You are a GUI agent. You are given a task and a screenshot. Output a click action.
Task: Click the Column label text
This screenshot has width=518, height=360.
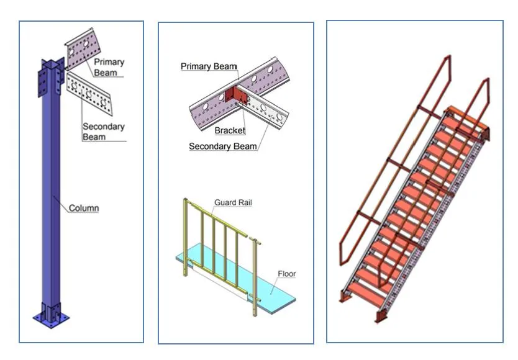point(83,208)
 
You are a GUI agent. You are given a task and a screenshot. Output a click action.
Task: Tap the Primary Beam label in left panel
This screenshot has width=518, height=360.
point(109,67)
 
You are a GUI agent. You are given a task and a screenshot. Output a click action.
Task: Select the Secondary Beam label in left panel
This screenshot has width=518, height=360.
point(103,132)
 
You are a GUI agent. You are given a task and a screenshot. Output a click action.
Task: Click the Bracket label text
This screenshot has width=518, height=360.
point(230,130)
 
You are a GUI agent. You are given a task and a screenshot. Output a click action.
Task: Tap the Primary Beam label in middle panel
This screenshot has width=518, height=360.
point(209,66)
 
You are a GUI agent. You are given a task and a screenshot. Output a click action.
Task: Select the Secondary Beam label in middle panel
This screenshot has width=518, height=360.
point(222,146)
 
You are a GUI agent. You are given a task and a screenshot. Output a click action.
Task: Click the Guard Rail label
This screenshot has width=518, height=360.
point(233,203)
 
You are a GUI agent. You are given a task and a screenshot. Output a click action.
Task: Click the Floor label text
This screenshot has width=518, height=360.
point(286,274)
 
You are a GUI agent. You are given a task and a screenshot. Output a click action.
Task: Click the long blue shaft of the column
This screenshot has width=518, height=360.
point(49,199)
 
